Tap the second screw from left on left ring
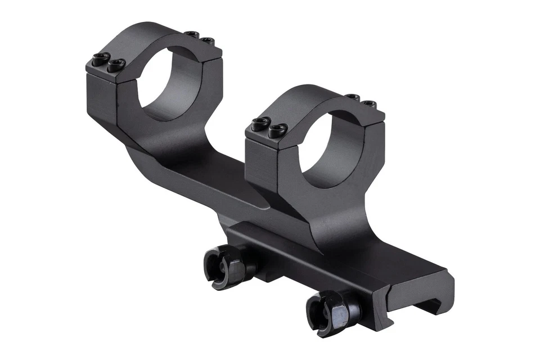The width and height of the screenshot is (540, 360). click(x=116, y=64)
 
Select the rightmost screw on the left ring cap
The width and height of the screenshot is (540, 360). click(x=208, y=41)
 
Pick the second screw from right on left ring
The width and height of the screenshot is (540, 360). click(x=193, y=35)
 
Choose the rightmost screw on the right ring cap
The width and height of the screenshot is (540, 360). click(x=369, y=104)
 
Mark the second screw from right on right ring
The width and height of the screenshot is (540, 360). click(x=353, y=98)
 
